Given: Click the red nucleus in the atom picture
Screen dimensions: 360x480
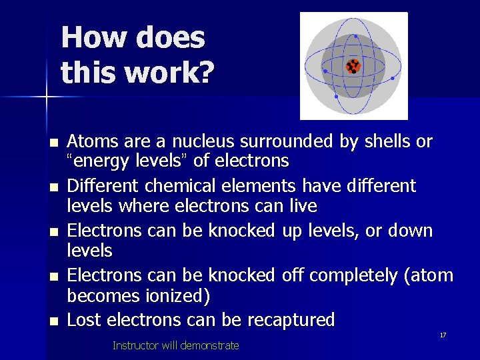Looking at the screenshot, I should click(353, 66).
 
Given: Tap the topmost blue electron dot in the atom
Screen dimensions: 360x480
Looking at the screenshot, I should click(355, 36).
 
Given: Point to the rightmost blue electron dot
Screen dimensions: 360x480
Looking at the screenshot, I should click(393, 78).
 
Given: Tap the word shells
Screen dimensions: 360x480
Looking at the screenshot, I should click(386, 141).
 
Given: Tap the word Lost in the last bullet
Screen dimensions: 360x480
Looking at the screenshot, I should click(83, 319).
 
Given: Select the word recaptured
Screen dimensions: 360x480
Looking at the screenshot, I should click(291, 320).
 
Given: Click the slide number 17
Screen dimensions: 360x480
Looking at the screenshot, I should click(443, 335).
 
